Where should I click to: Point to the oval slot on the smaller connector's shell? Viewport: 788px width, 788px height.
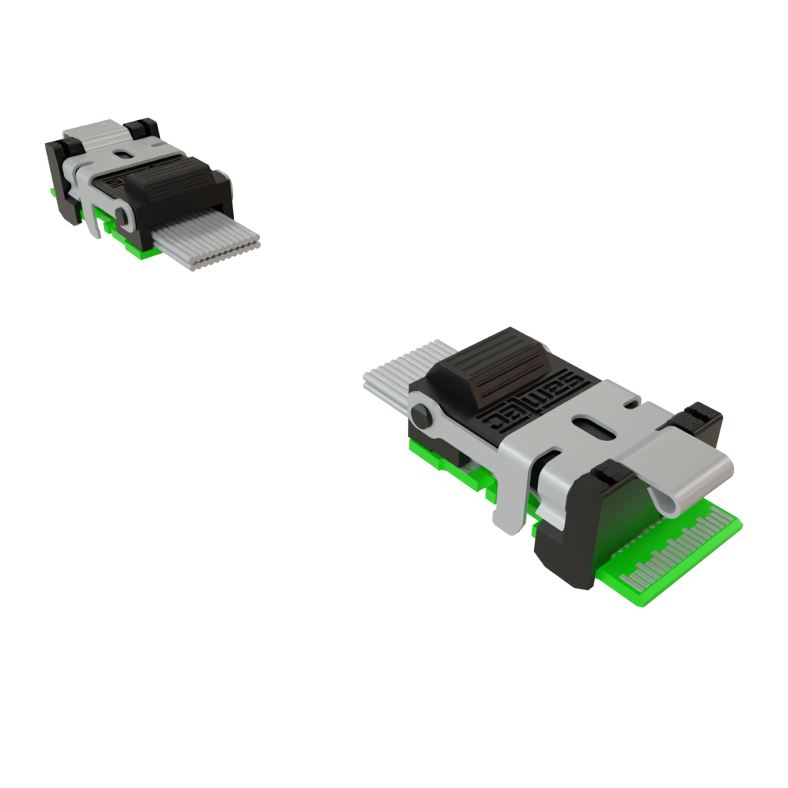tap(124, 154)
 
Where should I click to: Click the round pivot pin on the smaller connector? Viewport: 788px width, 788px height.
tap(122, 212)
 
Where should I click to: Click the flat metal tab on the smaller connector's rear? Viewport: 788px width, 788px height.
tap(96, 132)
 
